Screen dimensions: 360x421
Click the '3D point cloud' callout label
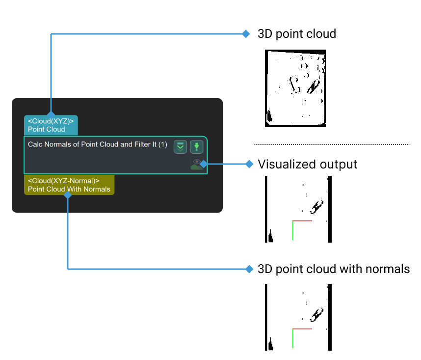296,34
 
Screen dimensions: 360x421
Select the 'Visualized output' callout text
307,164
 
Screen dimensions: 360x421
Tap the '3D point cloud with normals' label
333,269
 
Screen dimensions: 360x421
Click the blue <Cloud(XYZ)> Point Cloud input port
51,125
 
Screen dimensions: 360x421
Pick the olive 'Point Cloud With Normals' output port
69,185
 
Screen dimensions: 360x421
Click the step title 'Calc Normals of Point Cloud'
98,145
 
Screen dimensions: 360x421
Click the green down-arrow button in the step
196,146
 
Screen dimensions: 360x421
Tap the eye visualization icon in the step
197,162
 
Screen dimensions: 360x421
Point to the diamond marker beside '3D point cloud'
246,34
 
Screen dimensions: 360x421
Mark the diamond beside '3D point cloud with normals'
249,269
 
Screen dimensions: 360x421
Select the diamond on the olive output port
68,195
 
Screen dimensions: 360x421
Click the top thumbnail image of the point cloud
295,88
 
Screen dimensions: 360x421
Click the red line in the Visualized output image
302,221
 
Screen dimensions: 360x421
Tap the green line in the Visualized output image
292,230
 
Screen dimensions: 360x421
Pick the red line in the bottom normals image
302,329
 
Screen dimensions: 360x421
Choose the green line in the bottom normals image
292,339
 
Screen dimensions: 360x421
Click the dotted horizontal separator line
331,144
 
